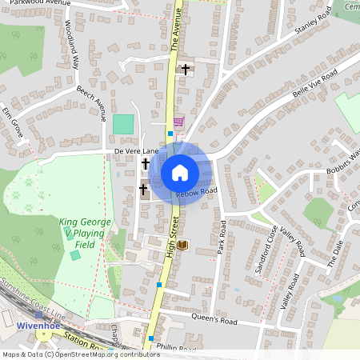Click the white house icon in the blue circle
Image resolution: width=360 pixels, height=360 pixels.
[180, 172]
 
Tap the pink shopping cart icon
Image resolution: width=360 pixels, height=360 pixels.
[178, 122]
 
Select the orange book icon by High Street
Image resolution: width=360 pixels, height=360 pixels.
[182, 245]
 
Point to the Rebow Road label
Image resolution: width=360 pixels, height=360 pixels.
[198, 192]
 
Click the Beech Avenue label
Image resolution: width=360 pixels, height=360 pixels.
[91, 105]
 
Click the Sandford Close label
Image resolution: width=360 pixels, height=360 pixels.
[266, 250]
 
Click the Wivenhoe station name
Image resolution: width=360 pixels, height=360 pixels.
[36, 327]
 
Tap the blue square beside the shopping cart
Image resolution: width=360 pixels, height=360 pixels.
[170, 134]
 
